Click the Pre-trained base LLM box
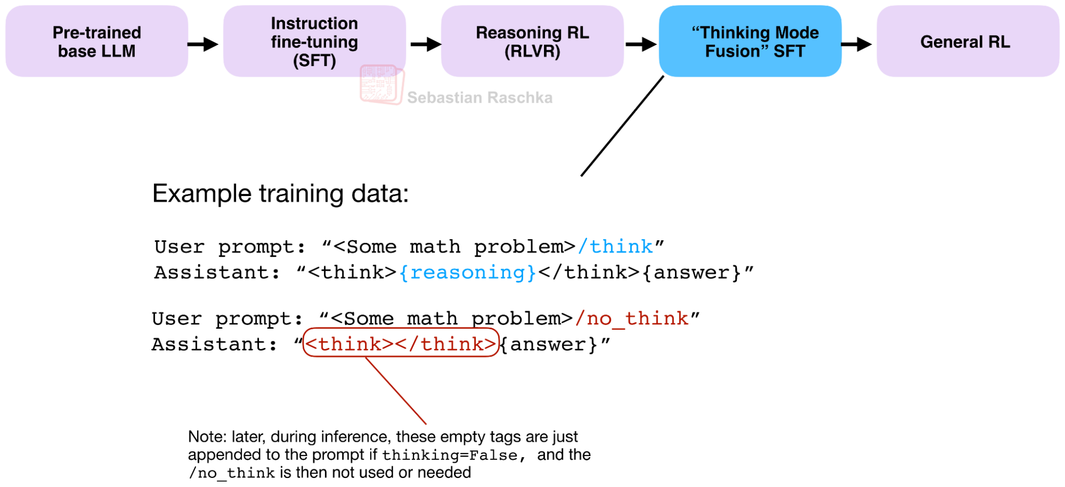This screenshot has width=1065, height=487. pyautogui.click(x=96, y=41)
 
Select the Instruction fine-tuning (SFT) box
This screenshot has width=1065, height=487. pyautogui.click(x=314, y=41)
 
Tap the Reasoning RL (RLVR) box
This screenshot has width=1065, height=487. pyautogui.click(x=532, y=41)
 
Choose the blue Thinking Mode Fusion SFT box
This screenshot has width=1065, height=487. pyautogui.click(x=750, y=41)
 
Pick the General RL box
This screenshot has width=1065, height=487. pyautogui.click(x=968, y=41)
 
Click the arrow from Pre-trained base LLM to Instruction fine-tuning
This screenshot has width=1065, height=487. pyautogui.click(x=203, y=44)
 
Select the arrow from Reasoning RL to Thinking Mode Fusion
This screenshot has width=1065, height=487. pyautogui.click(x=641, y=44)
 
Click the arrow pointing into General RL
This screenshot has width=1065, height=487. pyautogui.click(x=857, y=44)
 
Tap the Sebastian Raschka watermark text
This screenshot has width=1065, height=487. pyautogui.click(x=479, y=98)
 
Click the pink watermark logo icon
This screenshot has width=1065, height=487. pyautogui.click(x=381, y=84)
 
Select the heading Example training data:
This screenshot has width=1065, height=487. pyautogui.click(x=280, y=193)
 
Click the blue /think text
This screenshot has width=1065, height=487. pyautogui.click(x=615, y=247)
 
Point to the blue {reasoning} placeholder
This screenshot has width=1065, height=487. pyautogui.click(x=467, y=273)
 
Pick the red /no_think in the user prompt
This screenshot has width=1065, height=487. pyautogui.click(x=631, y=319)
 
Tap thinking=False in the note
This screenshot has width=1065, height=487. pyautogui.click(x=450, y=456)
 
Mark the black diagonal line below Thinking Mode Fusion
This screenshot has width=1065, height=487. pyautogui.click(x=622, y=126)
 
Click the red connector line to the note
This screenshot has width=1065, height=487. pyautogui.click(x=395, y=391)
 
